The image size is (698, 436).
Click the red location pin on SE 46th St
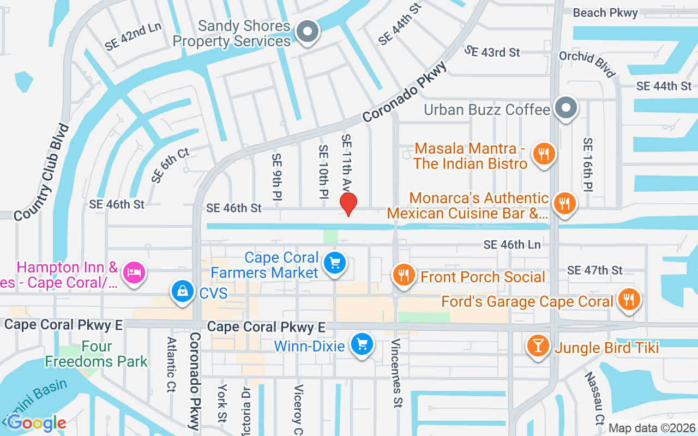(x=348, y=204)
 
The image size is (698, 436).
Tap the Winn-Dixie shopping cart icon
(x=362, y=344)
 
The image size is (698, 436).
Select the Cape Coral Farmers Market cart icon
(x=335, y=264)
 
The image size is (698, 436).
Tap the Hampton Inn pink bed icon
(x=134, y=271)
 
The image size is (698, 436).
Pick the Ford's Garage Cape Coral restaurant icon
(x=629, y=299)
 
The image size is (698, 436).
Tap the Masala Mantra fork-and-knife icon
(x=543, y=154)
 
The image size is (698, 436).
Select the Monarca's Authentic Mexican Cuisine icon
(x=564, y=204)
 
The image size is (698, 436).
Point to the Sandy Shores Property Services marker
(x=308, y=31)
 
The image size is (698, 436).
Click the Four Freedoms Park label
(x=97, y=354)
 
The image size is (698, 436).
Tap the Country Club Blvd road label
(x=43, y=172)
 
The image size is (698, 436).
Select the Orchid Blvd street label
(x=587, y=64)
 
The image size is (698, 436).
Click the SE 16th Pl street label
(x=587, y=164)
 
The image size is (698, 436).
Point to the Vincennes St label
(x=396, y=373)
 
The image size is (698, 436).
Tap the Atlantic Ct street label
(x=171, y=365)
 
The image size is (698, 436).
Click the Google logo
(x=37, y=422)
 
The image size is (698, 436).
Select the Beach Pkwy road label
(x=605, y=13)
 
